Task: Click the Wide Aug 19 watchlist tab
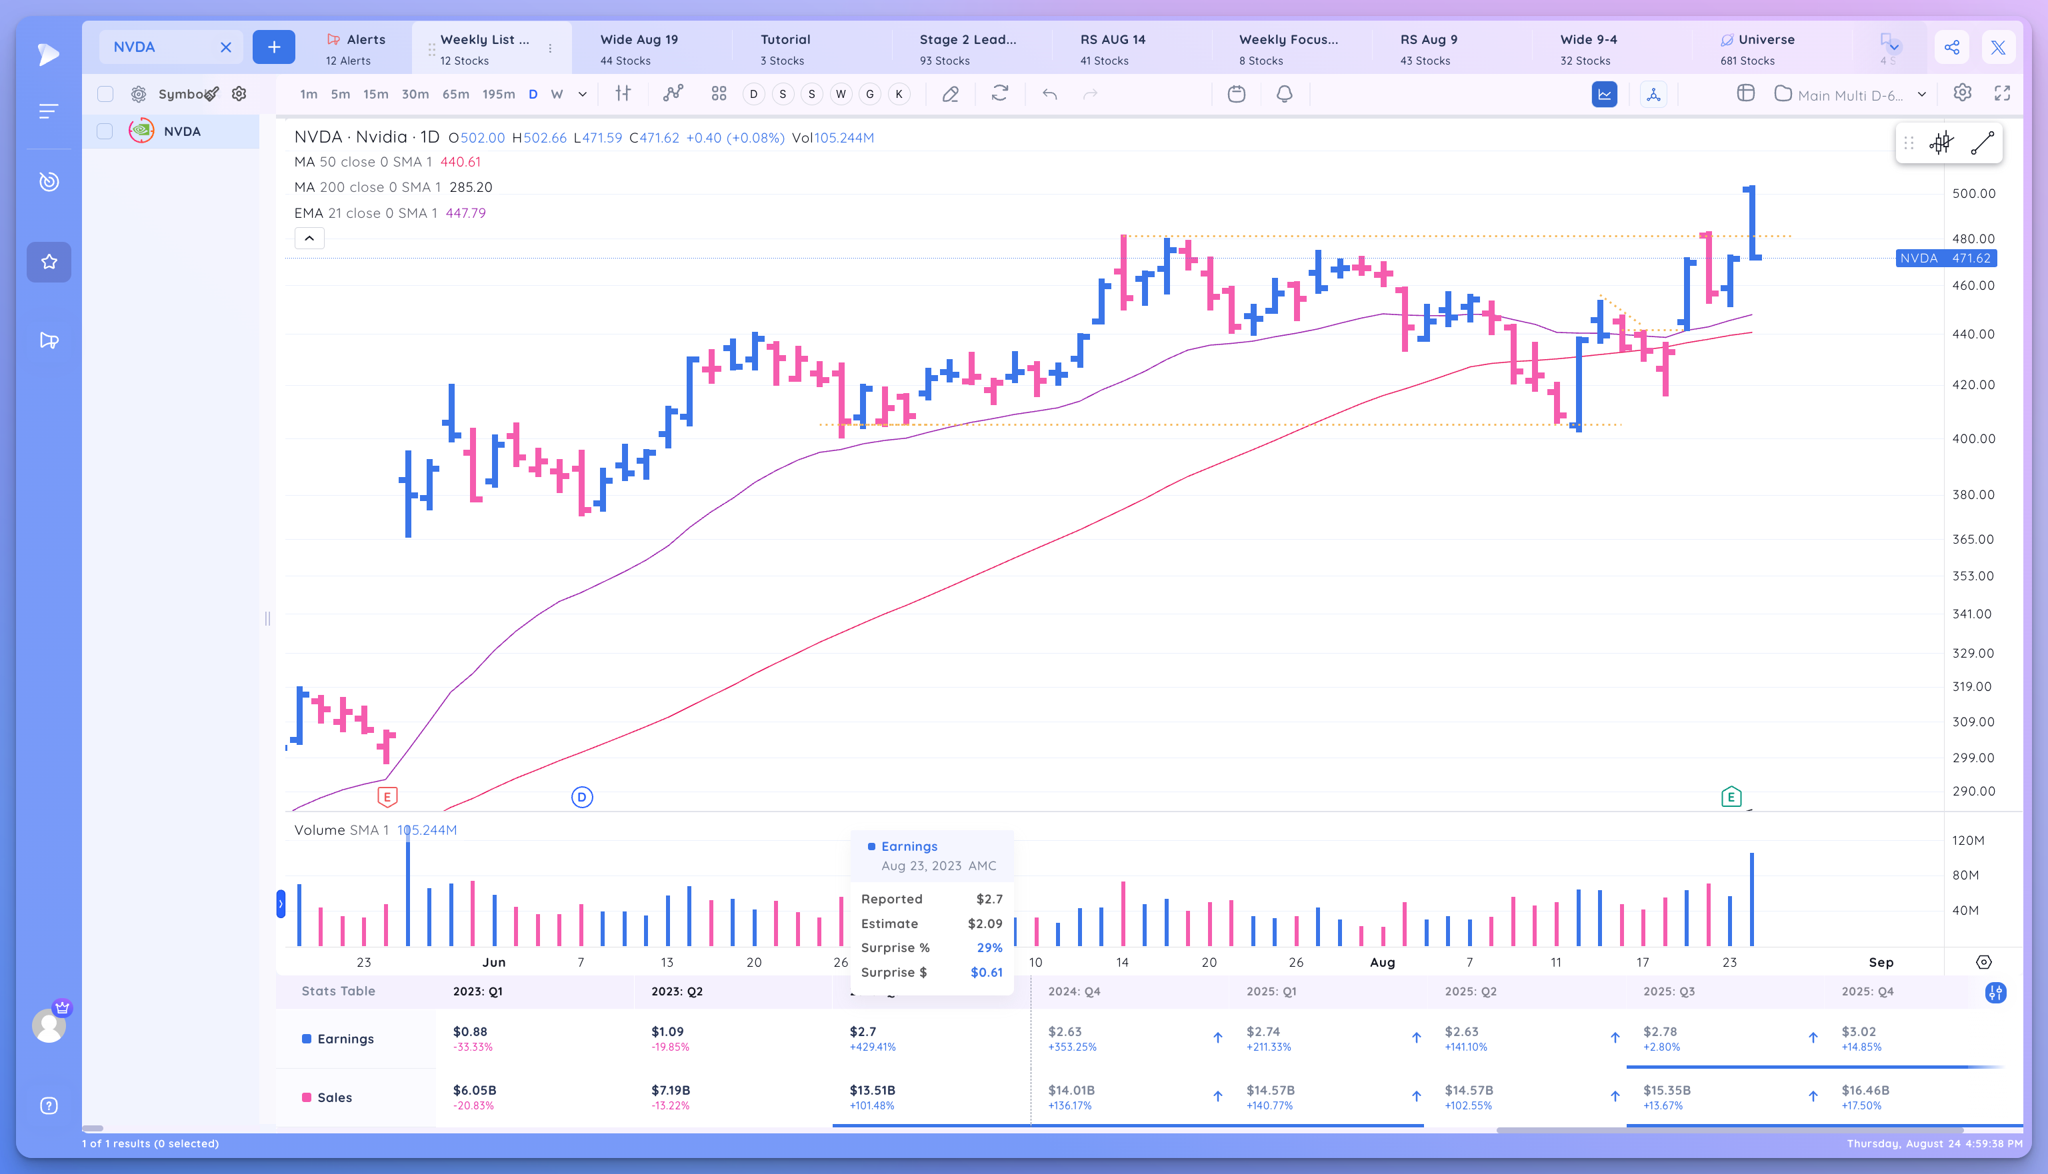[x=639, y=49]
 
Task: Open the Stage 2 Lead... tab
[x=967, y=49]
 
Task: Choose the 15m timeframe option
[x=375, y=95]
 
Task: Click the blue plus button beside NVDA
[x=273, y=47]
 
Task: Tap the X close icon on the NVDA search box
[x=226, y=47]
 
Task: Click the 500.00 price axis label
[x=1973, y=193]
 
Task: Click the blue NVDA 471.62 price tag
[x=1945, y=258]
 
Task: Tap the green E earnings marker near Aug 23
[x=1730, y=798]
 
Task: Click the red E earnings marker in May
[x=387, y=798]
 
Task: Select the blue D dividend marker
[x=581, y=798]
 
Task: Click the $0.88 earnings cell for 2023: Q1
[x=470, y=1031]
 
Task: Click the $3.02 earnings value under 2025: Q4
[x=1859, y=1031]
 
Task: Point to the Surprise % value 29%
[x=989, y=947]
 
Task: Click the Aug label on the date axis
[x=1382, y=962]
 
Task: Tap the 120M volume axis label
[x=1967, y=840]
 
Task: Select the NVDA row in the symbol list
[x=181, y=131]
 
